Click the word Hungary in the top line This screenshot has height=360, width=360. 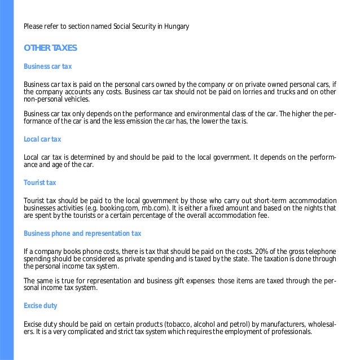point(175,26)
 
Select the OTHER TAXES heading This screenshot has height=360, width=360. point(47,47)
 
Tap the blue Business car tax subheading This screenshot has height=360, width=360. point(47,67)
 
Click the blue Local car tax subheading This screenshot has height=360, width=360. point(42,139)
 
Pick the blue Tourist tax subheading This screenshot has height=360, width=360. point(39,182)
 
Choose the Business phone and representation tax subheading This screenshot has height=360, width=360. point(82,233)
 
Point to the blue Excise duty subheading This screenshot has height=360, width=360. point(40,305)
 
